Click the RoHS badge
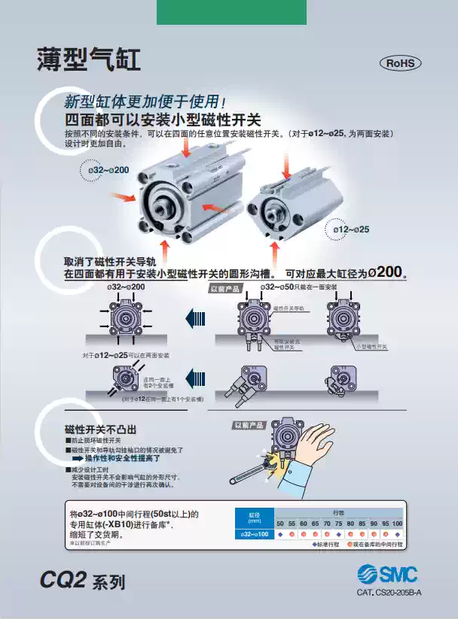pyautogui.click(x=400, y=63)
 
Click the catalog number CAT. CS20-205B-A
pyautogui.click(x=389, y=593)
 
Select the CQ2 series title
pyautogui.click(x=82, y=581)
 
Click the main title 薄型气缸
pyautogui.click(x=89, y=61)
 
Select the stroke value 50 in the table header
pyautogui.click(x=280, y=523)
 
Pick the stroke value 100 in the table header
pyautogui.click(x=397, y=523)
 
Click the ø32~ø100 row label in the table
pyautogui.click(x=253, y=534)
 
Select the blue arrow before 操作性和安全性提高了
pyautogui.click(x=76, y=457)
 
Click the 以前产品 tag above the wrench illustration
pyautogui.click(x=248, y=425)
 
